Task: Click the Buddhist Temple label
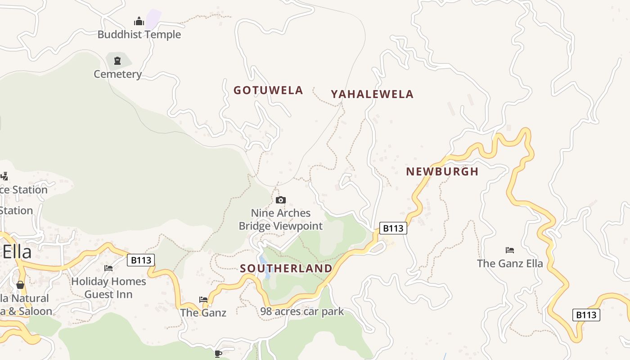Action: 139,35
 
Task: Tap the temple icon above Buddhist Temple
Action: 139,21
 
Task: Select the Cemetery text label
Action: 117,74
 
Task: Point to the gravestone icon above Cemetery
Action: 117,60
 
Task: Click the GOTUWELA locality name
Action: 268,90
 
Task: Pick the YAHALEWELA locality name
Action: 372,94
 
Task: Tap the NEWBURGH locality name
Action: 442,172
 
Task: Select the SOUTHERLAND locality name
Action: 286,269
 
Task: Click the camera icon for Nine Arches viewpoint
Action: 281,200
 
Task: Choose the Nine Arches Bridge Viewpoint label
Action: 281,220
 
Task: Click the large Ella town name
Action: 17,252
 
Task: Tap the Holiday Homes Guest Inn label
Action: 108,288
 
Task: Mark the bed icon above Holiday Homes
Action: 108,268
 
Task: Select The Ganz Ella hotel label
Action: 510,264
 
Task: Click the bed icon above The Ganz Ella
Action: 510,250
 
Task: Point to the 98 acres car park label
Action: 302,311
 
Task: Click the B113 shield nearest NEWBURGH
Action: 393,229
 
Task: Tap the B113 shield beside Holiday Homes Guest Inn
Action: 141,260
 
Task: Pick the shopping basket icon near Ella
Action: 20,284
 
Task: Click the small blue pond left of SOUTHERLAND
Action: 264,265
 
